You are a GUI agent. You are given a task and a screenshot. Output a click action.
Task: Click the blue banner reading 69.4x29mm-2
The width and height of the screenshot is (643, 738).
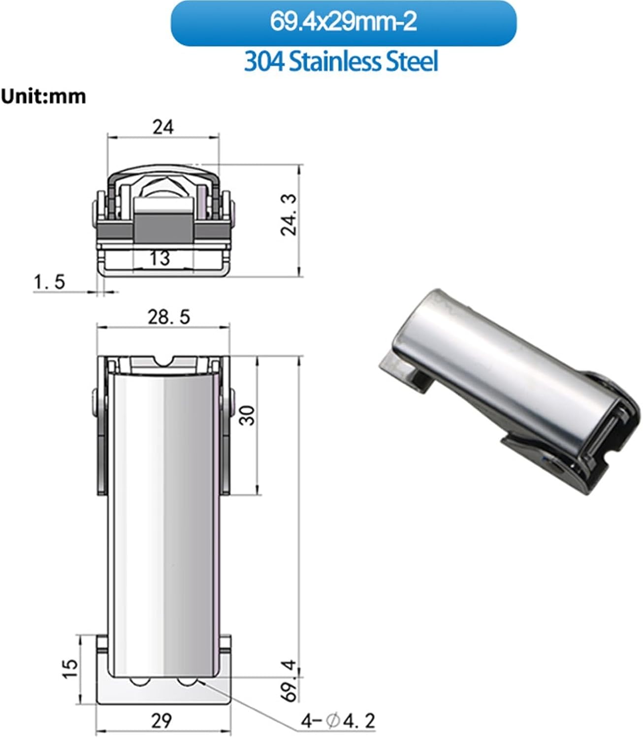tap(343, 23)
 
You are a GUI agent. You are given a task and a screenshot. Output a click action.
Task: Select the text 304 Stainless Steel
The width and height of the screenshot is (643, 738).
tap(341, 62)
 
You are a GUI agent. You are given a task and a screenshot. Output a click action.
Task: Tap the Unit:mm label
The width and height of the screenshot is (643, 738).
tap(43, 96)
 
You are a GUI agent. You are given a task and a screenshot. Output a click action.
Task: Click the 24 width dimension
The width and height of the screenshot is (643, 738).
tap(163, 127)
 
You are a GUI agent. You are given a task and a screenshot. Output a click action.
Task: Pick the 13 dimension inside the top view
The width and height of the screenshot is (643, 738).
tap(160, 257)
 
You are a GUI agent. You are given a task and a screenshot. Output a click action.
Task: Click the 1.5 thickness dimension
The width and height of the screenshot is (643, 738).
tap(49, 282)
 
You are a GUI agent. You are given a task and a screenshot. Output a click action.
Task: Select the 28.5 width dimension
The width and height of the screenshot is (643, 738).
tap(169, 317)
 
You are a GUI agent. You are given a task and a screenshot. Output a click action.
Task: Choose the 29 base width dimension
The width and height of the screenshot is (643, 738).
tap(161, 721)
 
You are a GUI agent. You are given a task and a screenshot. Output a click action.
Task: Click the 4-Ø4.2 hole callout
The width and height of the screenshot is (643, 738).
tap(338, 721)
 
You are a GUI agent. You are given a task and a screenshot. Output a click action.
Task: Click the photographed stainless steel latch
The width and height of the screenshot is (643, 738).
tap(507, 389)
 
